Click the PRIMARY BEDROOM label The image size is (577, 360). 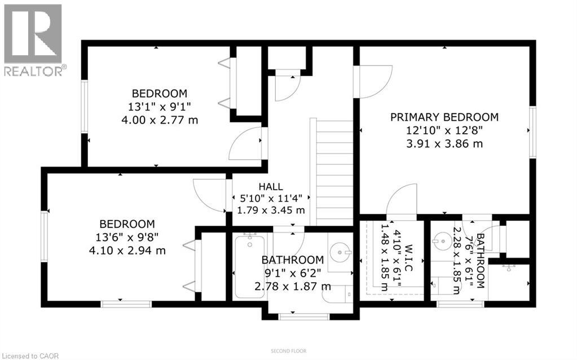[x=444, y=117]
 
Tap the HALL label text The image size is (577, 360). [x=271, y=187]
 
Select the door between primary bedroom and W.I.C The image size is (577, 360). [x=402, y=202]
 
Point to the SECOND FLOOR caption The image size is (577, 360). [x=288, y=351]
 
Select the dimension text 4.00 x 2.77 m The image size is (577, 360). [x=159, y=120]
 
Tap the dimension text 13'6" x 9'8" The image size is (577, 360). [x=127, y=238]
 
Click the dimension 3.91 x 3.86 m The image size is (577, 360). [x=444, y=143]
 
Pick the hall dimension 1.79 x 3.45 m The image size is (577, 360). [x=271, y=210]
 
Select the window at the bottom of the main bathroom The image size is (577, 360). [x=303, y=317]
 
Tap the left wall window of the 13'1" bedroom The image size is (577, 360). [x=85, y=107]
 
